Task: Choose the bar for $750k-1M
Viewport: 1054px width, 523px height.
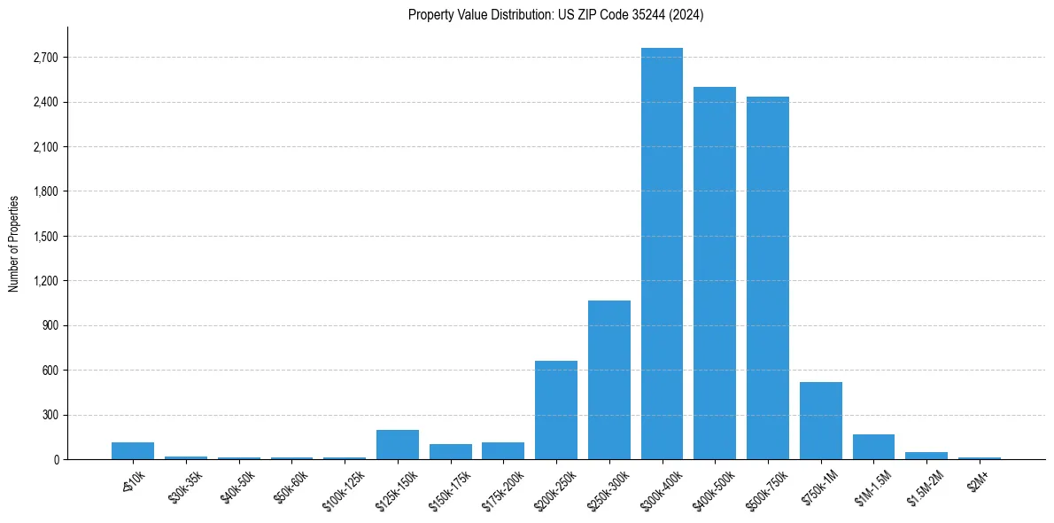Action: coord(821,420)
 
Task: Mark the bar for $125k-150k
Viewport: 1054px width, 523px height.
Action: coord(398,444)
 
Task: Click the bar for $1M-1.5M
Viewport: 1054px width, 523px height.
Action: coord(873,447)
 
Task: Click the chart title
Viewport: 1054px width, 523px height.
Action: coord(555,15)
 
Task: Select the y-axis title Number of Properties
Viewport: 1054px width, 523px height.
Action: coord(14,243)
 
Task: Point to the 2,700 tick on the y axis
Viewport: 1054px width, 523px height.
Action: coord(44,58)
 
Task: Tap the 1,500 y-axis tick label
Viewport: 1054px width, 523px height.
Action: coord(44,237)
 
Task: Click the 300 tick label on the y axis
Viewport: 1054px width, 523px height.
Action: coord(50,415)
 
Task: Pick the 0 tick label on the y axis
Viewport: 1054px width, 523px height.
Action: coord(55,459)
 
